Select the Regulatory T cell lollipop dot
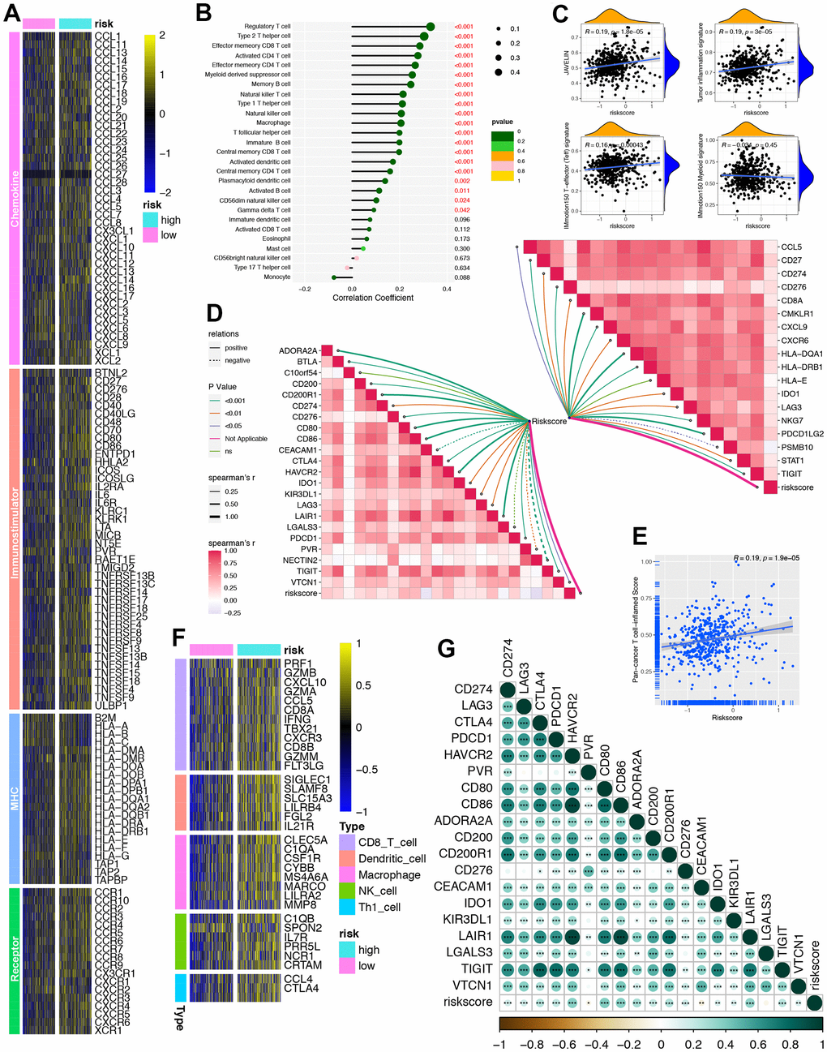click(x=430, y=27)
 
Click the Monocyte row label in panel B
click(x=276, y=277)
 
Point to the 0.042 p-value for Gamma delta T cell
click(x=462, y=210)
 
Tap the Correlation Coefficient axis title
click(x=372, y=298)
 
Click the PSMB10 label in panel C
click(x=796, y=447)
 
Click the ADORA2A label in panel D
click(x=298, y=351)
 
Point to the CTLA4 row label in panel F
click(x=301, y=988)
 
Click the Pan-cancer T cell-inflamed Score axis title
click(x=636, y=630)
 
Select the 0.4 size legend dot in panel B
click(x=495, y=72)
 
